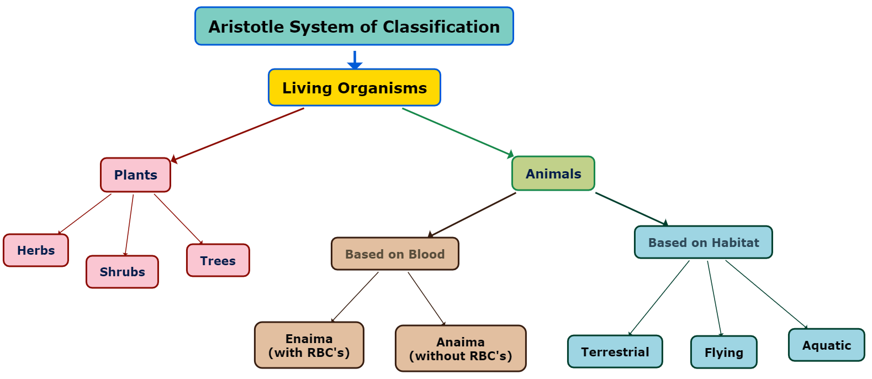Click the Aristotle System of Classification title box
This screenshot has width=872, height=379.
pyautogui.click(x=354, y=26)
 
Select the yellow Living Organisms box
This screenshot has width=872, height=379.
pyautogui.click(x=354, y=87)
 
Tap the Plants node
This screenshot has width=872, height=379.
pyautogui.click(x=135, y=175)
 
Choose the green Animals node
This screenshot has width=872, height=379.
pyautogui.click(x=553, y=173)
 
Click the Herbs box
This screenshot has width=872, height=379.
pyautogui.click(x=36, y=250)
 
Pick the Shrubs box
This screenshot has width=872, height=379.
pyautogui.click(x=122, y=272)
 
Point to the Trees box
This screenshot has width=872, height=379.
pyautogui.click(x=218, y=261)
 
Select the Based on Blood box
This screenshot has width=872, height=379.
pyautogui.click(x=395, y=254)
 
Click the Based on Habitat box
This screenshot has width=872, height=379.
pyautogui.click(x=703, y=243)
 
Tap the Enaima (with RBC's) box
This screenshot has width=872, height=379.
pyautogui.click(x=309, y=345)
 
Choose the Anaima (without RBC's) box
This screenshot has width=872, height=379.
pyautogui.click(x=461, y=349)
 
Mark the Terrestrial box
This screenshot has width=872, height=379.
pyautogui.click(x=615, y=352)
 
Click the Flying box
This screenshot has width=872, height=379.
pyautogui.click(x=723, y=352)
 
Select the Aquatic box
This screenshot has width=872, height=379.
pyautogui.click(x=826, y=345)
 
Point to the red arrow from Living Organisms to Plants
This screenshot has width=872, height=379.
pyautogui.click(x=237, y=134)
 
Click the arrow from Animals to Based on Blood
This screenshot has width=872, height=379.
pyautogui.click(x=472, y=215)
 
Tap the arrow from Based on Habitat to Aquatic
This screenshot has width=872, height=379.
pyautogui.click(x=767, y=294)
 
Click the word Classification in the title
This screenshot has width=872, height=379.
pyautogui.click(x=441, y=27)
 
